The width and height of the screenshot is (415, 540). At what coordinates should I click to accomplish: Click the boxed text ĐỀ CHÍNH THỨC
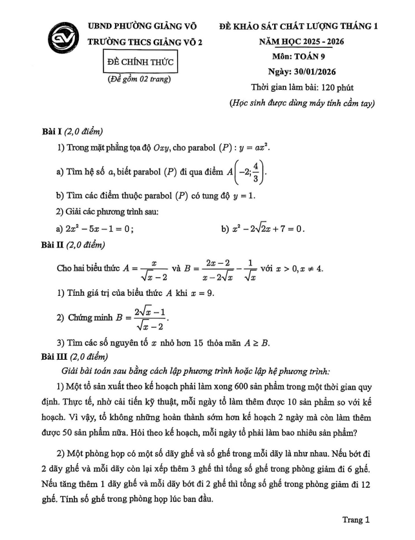[140, 63]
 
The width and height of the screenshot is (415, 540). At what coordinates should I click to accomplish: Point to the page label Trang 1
[356, 519]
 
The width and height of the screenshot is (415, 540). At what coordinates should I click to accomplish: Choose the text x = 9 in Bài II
[200, 293]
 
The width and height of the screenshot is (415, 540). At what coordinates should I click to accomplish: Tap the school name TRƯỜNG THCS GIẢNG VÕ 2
[145, 41]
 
